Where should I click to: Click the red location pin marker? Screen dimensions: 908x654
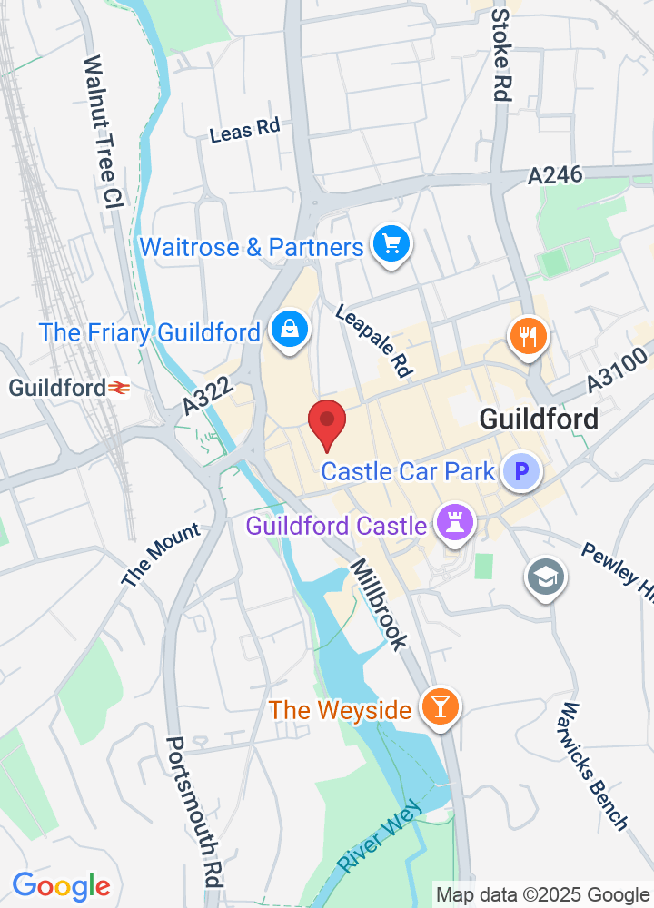[x=327, y=423]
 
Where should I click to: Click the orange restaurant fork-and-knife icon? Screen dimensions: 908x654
[x=527, y=336]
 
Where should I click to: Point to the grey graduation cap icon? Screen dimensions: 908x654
[x=546, y=576]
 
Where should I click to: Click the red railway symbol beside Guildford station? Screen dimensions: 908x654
[x=119, y=388]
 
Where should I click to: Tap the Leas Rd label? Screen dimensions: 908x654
[x=244, y=131]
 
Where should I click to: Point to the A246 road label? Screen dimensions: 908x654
[x=555, y=175]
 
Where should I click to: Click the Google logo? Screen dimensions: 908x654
[x=61, y=885]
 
